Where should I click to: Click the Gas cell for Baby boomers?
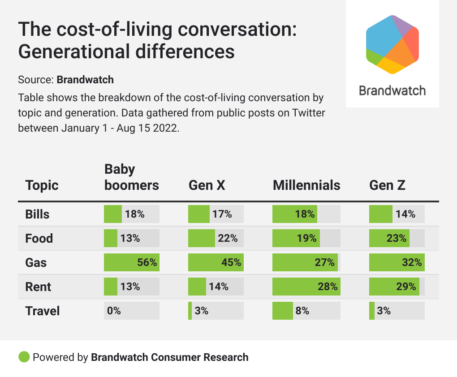(x=131, y=262)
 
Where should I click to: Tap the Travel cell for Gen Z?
(x=397, y=311)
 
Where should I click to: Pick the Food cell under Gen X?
(x=216, y=238)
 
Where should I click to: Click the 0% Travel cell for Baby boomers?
(x=131, y=311)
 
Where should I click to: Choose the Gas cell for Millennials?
(x=306, y=262)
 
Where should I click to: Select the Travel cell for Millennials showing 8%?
(x=306, y=311)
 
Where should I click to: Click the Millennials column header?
(x=306, y=185)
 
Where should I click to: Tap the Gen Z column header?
(x=387, y=185)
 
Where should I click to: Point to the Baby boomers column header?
(x=131, y=177)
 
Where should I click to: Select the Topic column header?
(x=42, y=185)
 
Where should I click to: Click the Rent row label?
(x=38, y=287)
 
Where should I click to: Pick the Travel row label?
(x=43, y=311)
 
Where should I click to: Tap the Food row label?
(x=39, y=238)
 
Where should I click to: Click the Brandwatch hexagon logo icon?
(x=392, y=44)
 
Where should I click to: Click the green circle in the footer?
(x=24, y=357)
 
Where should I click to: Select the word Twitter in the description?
(x=309, y=113)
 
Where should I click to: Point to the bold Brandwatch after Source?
(x=85, y=80)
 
